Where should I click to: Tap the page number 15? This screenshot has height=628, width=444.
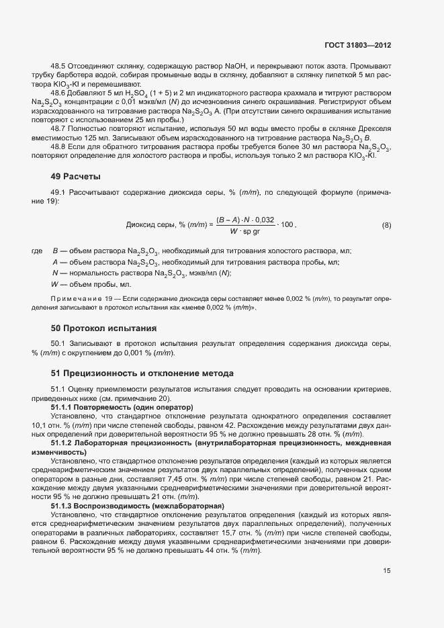(x=387, y=571)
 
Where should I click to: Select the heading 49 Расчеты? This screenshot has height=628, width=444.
(x=75, y=177)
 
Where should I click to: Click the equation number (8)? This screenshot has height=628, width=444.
(x=386, y=225)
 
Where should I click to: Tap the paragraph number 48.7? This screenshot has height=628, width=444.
(x=60, y=127)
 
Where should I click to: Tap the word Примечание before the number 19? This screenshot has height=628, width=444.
(x=73, y=298)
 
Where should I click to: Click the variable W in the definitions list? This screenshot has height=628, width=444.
(x=55, y=284)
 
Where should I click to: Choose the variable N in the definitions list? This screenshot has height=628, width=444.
(x=55, y=273)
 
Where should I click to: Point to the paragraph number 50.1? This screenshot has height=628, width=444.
(x=60, y=344)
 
